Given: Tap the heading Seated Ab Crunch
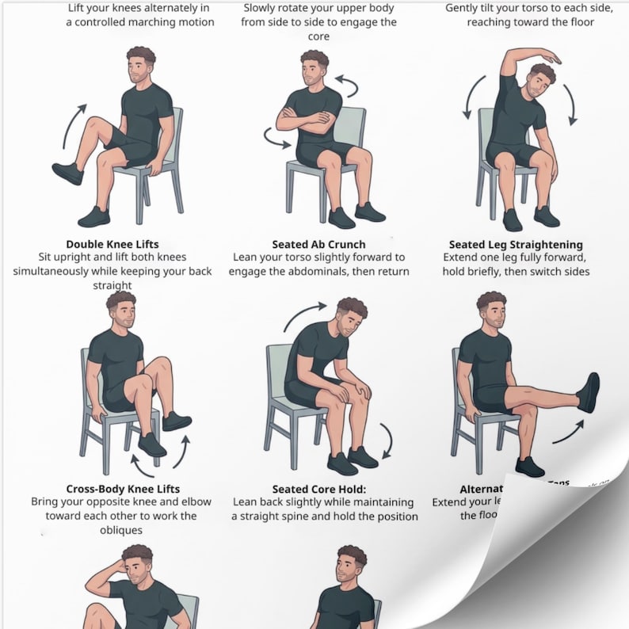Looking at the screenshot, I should coord(319,244).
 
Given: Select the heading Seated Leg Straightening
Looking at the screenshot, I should coord(516,244).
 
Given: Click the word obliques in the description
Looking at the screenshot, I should coord(115,530).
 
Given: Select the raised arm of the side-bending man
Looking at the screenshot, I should coord(519,59).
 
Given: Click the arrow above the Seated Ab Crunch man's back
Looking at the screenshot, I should coord(304,314).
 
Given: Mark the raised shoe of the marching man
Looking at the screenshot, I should coord(67,173).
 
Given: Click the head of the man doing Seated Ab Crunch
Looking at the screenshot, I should coord(349,318).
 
